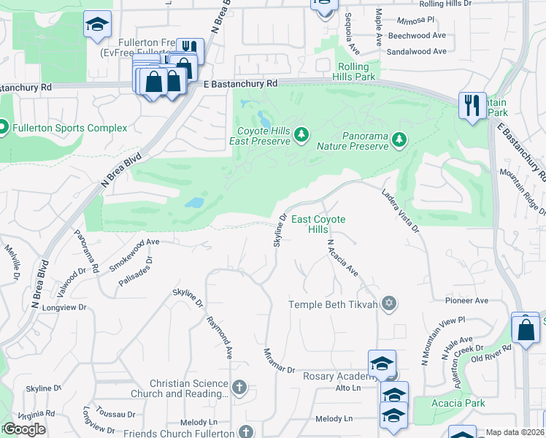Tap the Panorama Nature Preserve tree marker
click(x=399, y=139)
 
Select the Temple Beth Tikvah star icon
click(x=389, y=304)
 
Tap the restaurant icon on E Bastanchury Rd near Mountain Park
click(x=472, y=104)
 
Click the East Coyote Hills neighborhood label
click(x=318, y=224)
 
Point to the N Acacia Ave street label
click(x=342, y=258)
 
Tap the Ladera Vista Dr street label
click(x=401, y=211)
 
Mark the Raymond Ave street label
click(x=219, y=337)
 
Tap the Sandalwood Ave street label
click(x=417, y=52)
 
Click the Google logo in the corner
click(x=24, y=429)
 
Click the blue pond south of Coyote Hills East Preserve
click(x=194, y=202)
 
